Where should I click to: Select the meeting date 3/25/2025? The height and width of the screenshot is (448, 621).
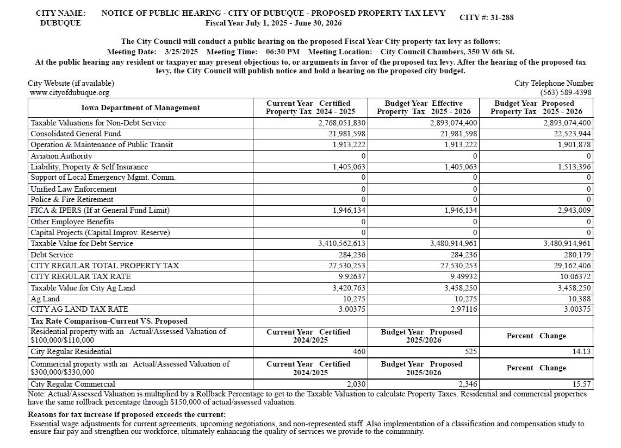coord(181,52)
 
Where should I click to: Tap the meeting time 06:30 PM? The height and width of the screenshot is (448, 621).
coord(283,52)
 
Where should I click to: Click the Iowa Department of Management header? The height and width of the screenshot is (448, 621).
coord(140,108)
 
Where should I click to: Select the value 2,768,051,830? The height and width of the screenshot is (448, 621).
coord(341,123)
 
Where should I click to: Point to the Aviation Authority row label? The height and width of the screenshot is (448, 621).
coord(61,156)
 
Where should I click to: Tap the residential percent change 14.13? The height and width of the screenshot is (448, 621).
coord(582,351)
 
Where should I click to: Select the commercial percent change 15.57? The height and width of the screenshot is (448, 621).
coord(582,384)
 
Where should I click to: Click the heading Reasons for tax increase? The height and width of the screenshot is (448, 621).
coord(126,415)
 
